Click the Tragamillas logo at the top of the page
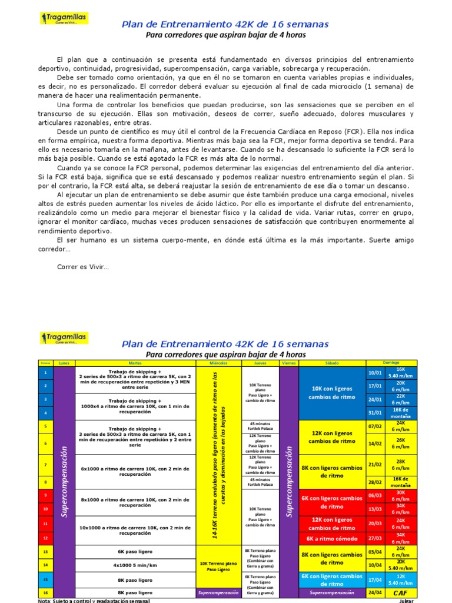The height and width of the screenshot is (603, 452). tap(64, 19)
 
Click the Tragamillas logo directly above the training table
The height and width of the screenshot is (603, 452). tap(64, 338)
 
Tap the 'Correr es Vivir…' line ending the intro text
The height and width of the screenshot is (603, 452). tap(83, 267)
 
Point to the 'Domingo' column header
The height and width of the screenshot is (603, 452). tap(391, 363)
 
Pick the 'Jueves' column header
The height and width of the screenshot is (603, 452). tap(260, 363)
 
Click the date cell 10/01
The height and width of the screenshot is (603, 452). tap(375, 373)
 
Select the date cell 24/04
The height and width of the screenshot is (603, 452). tap(375, 592)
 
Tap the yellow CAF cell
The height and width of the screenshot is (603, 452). tap(400, 592)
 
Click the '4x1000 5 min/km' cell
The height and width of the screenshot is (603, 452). tap(135, 564)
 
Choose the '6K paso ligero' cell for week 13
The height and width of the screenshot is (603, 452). tap(135, 551)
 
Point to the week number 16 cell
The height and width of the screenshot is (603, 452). tap(45, 592)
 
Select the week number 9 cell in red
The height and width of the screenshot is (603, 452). tap(45, 495)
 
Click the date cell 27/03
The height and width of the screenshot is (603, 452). tap(375, 538)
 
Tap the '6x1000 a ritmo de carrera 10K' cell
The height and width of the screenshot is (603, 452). tap(135, 470)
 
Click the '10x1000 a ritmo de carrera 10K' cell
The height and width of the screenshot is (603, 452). tap(135, 529)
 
